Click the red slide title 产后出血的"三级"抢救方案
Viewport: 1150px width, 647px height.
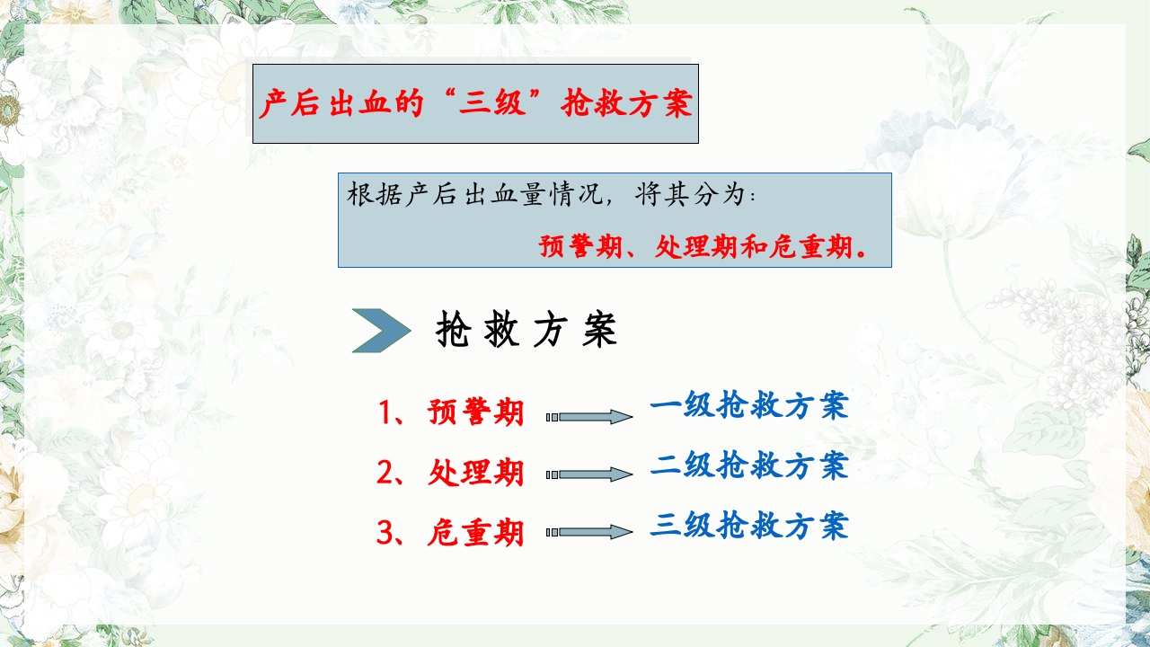pos(475,104)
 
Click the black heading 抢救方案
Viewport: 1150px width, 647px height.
pos(526,331)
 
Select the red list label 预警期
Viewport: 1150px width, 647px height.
pos(476,412)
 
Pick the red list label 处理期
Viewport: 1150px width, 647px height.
pos(476,472)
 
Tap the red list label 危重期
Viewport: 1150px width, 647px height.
pos(476,533)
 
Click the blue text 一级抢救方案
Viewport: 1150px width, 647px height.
pos(748,406)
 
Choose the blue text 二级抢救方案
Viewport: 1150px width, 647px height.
pos(748,465)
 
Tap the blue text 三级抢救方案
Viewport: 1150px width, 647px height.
pos(748,526)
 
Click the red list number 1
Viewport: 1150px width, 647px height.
pos(386,412)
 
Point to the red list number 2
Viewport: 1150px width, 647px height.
pos(386,472)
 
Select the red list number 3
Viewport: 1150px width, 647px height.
pos(386,533)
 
